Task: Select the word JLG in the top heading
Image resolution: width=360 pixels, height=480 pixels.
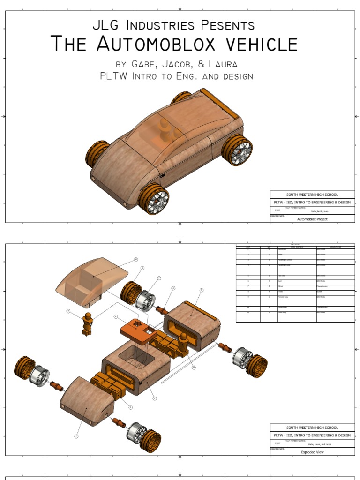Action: [x=106, y=25]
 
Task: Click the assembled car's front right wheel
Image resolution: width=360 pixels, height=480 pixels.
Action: [x=153, y=199]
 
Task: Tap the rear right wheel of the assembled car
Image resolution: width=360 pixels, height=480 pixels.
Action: [x=237, y=150]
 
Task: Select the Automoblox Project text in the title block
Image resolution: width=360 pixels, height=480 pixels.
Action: [x=312, y=219]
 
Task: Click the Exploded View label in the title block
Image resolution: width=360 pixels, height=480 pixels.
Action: [x=312, y=452]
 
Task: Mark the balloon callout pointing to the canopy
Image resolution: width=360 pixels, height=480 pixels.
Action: [x=136, y=259]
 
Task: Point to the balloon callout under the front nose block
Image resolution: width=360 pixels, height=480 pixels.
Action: [x=76, y=436]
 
